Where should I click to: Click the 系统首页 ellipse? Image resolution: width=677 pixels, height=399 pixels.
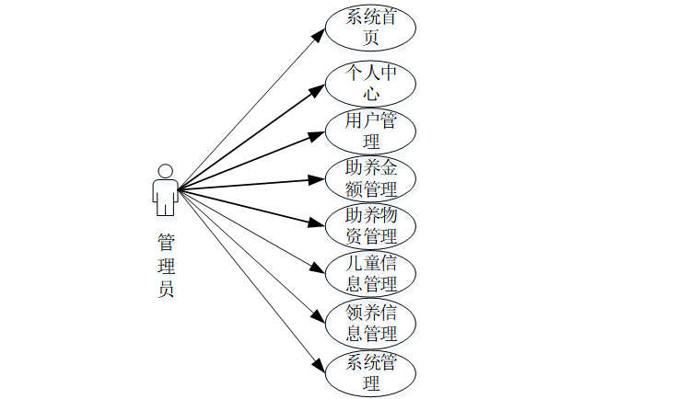pyautogui.click(x=371, y=28)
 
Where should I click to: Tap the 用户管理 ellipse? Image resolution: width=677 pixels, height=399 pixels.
pyautogui.click(x=371, y=131)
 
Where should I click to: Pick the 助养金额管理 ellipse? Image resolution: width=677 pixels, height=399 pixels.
pyautogui.click(x=371, y=178)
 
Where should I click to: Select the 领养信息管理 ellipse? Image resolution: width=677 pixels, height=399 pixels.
pyautogui.click(x=371, y=322)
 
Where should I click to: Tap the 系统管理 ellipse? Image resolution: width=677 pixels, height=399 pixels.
pyautogui.click(x=371, y=371)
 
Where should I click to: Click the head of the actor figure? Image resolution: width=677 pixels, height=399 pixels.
pyautogui.click(x=166, y=171)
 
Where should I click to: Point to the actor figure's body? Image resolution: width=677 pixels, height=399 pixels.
pyautogui.click(x=166, y=196)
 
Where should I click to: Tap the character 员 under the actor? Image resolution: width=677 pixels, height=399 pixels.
pyautogui.click(x=166, y=289)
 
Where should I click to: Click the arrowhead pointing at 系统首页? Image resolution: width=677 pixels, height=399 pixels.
pyautogui.click(x=319, y=34)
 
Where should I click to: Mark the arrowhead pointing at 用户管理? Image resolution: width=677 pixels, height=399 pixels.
pyautogui.click(x=318, y=135)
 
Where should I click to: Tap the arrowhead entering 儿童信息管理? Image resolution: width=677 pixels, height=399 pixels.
pyautogui.click(x=319, y=268)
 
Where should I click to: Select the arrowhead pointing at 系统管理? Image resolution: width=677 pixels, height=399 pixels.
pyautogui.click(x=319, y=365)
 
